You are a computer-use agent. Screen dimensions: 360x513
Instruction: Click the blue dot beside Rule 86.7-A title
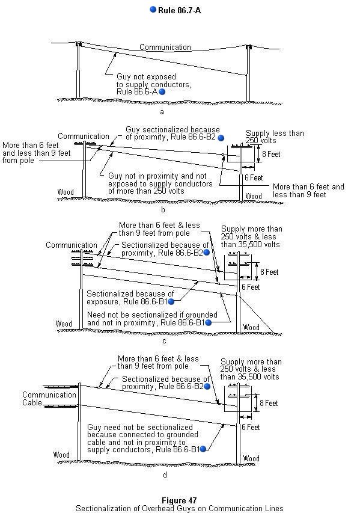pos(153,10)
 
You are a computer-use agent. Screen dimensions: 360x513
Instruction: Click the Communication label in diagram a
pos(165,47)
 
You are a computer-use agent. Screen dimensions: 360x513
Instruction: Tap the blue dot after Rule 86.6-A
pos(162,91)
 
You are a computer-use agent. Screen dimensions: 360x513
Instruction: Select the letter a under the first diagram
pos(162,112)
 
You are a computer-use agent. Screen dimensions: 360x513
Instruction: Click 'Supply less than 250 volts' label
pos(275,137)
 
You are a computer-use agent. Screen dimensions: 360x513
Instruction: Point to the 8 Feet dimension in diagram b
pos(271,154)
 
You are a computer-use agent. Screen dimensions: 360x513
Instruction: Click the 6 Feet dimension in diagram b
pos(254,177)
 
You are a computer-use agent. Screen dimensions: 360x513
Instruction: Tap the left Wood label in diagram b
pos(66,192)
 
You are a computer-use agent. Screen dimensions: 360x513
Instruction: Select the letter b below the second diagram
pos(163,210)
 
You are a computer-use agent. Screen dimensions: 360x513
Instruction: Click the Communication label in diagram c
pos(72,245)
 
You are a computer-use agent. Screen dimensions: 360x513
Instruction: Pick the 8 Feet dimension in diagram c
pos(269,272)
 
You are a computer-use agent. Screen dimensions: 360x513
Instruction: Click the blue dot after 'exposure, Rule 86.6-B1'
pos(171,302)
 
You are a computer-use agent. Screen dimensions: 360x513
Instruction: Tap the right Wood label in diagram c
pos(251,327)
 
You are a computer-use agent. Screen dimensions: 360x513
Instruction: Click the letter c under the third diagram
pos(164,341)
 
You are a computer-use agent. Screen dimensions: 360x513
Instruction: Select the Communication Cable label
pos(49,399)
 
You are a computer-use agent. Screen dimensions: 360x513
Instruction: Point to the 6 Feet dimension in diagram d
pos(251,427)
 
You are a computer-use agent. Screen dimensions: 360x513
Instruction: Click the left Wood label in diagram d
pos(61,455)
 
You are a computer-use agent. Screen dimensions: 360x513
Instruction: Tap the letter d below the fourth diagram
pos(165,475)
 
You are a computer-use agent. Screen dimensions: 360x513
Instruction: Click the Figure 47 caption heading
pos(179,500)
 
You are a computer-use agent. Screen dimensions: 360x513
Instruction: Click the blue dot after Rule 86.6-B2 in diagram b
pos(221,138)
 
